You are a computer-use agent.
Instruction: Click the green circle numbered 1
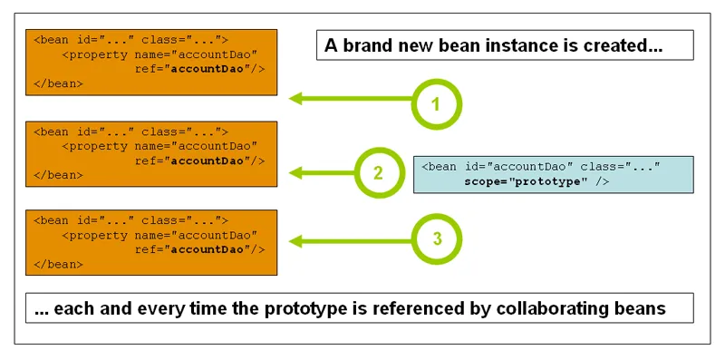[436, 103]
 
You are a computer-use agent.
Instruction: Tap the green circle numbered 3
[437, 239]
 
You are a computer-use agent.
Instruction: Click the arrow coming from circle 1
[349, 100]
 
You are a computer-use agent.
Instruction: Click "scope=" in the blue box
[485, 182]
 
